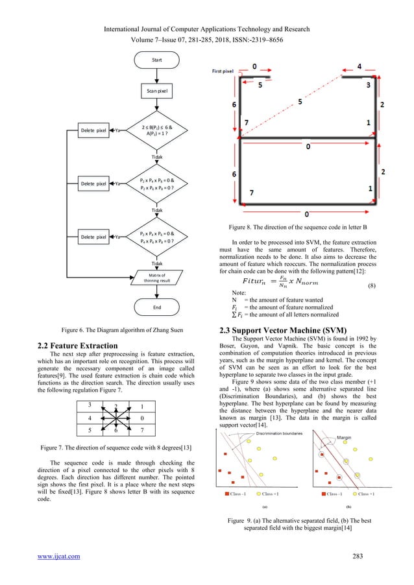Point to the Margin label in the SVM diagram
344,456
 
